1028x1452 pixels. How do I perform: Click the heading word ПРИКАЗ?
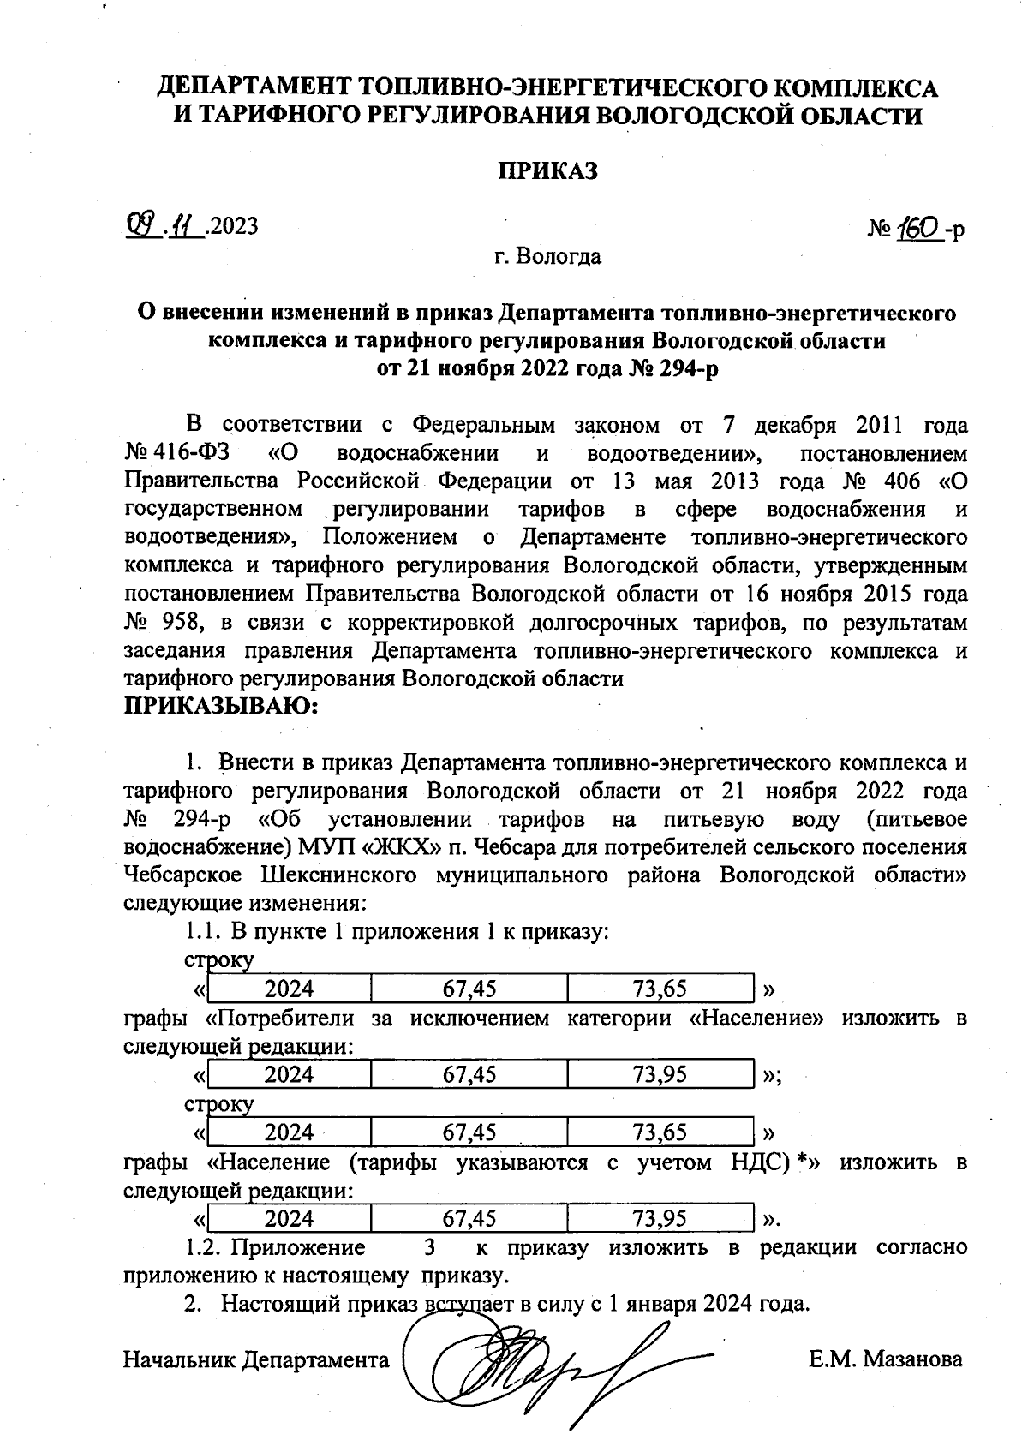[x=547, y=171]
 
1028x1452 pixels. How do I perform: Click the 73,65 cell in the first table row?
[x=660, y=989]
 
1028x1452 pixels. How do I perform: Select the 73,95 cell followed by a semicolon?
[x=660, y=1074]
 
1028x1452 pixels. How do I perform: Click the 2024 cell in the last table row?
[x=289, y=1218]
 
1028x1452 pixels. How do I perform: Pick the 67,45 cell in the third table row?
[x=469, y=1132]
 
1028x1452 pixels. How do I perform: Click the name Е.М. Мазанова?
[x=885, y=1359]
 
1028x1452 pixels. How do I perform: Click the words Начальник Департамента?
[x=256, y=1359]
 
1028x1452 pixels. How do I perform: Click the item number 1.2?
[x=203, y=1247]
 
